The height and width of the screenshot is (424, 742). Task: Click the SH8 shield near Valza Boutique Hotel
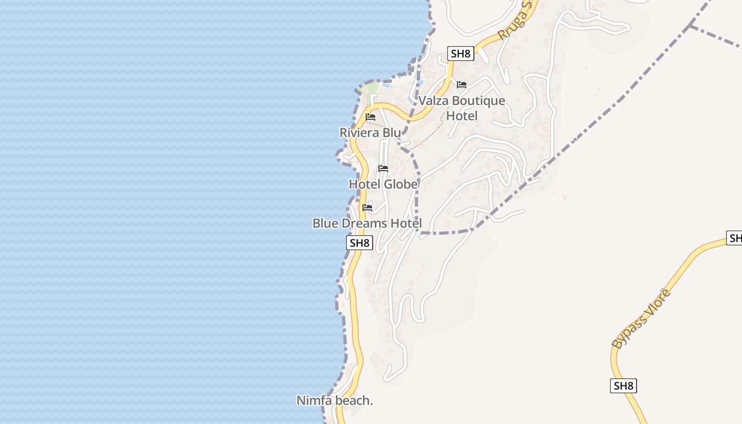tap(460, 54)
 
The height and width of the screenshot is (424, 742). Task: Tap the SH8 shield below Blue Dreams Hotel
tap(359, 243)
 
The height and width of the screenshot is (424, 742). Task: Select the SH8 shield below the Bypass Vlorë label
tap(623, 386)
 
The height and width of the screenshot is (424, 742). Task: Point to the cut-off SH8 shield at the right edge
tap(735, 238)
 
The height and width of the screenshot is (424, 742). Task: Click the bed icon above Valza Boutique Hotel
tap(462, 85)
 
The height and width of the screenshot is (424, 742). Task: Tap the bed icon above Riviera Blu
tap(370, 117)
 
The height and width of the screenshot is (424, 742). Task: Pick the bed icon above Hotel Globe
tap(383, 169)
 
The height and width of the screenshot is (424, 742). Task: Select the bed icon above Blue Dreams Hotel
tap(367, 208)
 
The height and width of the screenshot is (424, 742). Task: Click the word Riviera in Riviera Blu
tap(360, 132)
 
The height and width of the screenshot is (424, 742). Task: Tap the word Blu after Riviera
tap(392, 132)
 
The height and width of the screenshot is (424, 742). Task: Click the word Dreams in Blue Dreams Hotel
tap(364, 224)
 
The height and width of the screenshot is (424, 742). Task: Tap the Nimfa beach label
tap(334, 401)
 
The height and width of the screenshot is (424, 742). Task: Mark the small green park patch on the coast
tap(369, 89)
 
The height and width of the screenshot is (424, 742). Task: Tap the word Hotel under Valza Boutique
tap(462, 116)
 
